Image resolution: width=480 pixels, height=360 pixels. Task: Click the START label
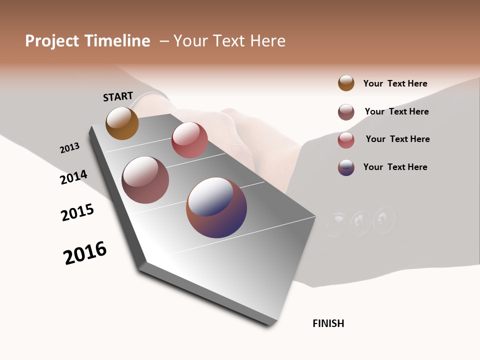click(x=118, y=96)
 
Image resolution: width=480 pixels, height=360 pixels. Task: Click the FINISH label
click(x=328, y=323)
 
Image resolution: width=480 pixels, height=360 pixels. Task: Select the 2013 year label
click(x=69, y=148)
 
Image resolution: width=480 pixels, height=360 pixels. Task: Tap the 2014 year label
click(x=73, y=177)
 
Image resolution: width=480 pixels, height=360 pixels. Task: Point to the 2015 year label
click(x=77, y=212)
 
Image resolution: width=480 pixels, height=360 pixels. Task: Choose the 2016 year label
click(x=85, y=253)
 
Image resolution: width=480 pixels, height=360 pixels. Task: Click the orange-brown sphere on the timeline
click(x=122, y=123)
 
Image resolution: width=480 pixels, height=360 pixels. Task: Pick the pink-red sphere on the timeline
click(x=189, y=140)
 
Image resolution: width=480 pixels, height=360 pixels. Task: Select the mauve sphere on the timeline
click(x=145, y=180)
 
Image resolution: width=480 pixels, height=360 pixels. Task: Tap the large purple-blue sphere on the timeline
click(x=216, y=207)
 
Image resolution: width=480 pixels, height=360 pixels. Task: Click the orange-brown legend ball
click(x=346, y=83)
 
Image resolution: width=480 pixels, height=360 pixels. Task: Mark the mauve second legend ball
click(x=346, y=112)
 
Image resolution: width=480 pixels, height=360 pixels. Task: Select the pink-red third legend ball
click(x=346, y=140)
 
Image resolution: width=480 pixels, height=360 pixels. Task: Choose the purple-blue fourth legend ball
click(x=346, y=167)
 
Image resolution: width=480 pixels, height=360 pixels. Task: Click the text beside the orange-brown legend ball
click(x=395, y=83)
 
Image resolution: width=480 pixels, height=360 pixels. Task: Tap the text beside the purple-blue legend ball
click(x=395, y=167)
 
